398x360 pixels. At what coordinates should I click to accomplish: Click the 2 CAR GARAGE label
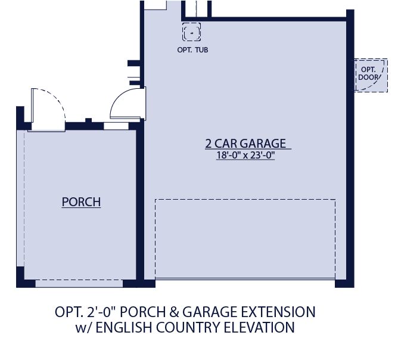[x=245, y=144]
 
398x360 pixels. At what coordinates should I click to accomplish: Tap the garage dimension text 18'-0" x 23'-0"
[x=245, y=156]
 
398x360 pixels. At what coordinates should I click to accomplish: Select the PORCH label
[x=81, y=202]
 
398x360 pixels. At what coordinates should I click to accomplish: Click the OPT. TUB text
[x=192, y=49]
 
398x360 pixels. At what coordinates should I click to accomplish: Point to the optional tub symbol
[x=191, y=32]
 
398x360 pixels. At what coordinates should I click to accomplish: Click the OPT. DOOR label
[x=366, y=73]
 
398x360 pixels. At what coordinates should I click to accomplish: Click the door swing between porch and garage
[x=128, y=104]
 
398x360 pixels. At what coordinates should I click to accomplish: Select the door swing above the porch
[x=47, y=107]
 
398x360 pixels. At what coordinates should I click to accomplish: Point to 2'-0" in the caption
[x=97, y=312]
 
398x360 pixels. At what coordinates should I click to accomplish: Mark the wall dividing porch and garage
[x=141, y=203]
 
